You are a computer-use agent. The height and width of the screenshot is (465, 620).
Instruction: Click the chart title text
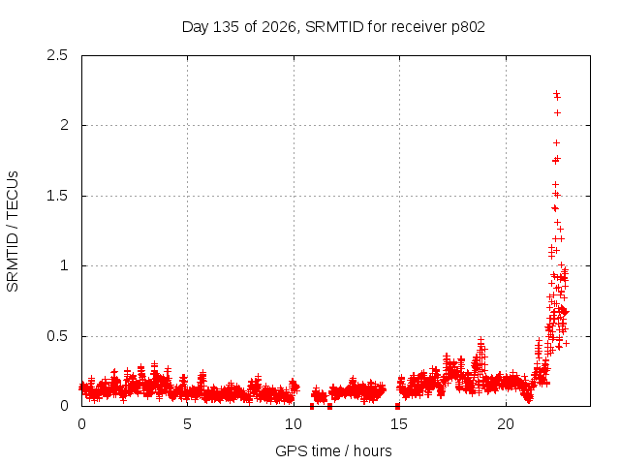pyautogui.click(x=333, y=27)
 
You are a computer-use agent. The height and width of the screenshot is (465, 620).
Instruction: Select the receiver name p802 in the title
pyautogui.click(x=468, y=27)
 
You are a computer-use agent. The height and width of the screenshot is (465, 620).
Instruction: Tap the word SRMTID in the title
pyautogui.click(x=334, y=27)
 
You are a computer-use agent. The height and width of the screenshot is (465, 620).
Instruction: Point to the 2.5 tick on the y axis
pyautogui.click(x=57, y=55)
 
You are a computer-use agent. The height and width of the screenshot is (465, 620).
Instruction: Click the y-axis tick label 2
pyautogui.click(x=64, y=125)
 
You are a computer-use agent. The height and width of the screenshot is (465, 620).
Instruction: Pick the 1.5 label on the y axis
pyautogui.click(x=57, y=196)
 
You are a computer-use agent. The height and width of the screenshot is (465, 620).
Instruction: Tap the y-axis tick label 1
pyautogui.click(x=64, y=265)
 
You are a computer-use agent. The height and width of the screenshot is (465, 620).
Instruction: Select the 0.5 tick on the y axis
pyautogui.click(x=57, y=336)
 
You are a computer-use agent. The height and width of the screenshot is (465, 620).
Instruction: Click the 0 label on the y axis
pyautogui.click(x=64, y=406)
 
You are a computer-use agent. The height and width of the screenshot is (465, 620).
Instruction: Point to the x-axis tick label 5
pyautogui.click(x=187, y=424)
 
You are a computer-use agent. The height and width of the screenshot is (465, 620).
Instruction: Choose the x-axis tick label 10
pyautogui.click(x=294, y=424)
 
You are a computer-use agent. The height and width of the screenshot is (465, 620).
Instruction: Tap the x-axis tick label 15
pyautogui.click(x=399, y=424)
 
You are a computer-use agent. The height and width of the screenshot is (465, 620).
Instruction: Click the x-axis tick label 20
pyautogui.click(x=506, y=424)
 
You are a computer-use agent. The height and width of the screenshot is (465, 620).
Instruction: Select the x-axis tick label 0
pyautogui.click(x=81, y=424)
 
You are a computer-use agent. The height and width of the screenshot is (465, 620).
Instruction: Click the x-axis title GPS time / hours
pyautogui.click(x=333, y=450)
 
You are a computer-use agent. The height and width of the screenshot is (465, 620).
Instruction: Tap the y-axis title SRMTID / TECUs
pyautogui.click(x=13, y=232)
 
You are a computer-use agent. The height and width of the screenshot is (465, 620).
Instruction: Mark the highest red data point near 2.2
pyautogui.click(x=556, y=93)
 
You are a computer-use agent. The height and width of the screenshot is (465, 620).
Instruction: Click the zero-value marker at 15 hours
pyautogui.click(x=397, y=406)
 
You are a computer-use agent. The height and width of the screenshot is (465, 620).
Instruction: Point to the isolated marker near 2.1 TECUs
pyautogui.click(x=557, y=113)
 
